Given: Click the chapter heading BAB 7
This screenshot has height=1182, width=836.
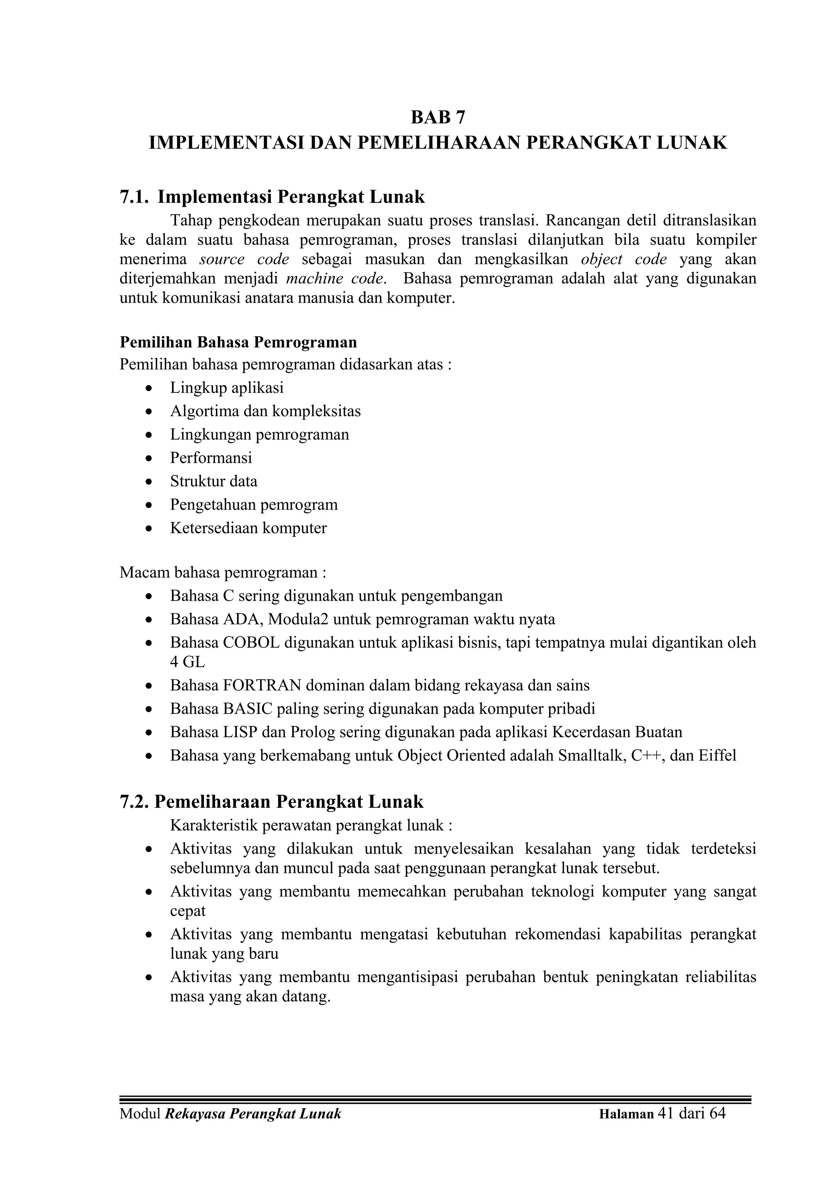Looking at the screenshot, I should click(x=438, y=118).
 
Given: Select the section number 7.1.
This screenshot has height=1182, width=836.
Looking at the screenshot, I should click(x=134, y=197).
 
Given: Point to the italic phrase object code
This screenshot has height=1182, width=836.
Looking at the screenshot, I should click(x=624, y=259).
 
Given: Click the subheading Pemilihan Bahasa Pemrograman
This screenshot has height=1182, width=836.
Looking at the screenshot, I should click(x=238, y=342).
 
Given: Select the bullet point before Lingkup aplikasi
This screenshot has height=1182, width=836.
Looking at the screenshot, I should click(x=149, y=388).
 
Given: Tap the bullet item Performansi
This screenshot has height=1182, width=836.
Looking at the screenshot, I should click(x=211, y=458).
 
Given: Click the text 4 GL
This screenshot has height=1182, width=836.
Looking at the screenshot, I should click(x=187, y=662).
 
